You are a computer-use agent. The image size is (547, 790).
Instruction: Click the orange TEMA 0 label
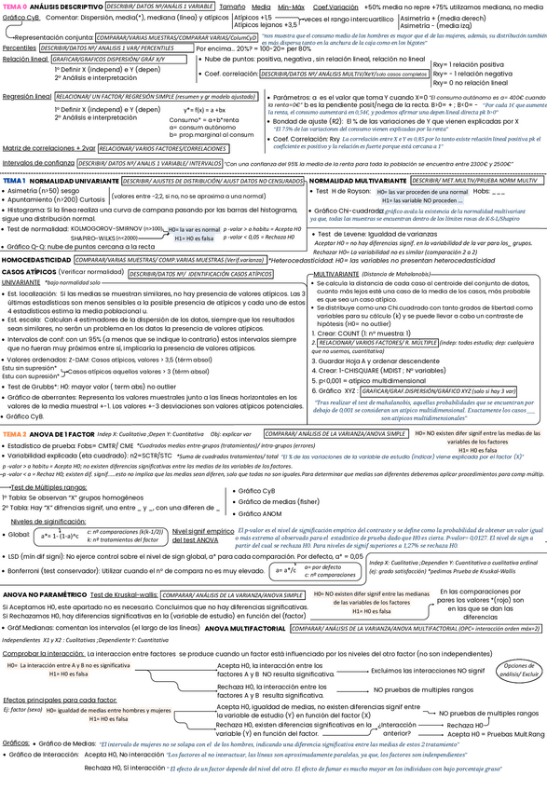pos(14,6)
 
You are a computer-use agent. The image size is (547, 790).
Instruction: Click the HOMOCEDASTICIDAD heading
pos(30,260)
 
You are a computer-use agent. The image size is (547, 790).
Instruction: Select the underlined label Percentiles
pos(19,48)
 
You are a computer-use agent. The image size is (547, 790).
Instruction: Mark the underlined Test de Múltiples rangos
pos(44,487)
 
